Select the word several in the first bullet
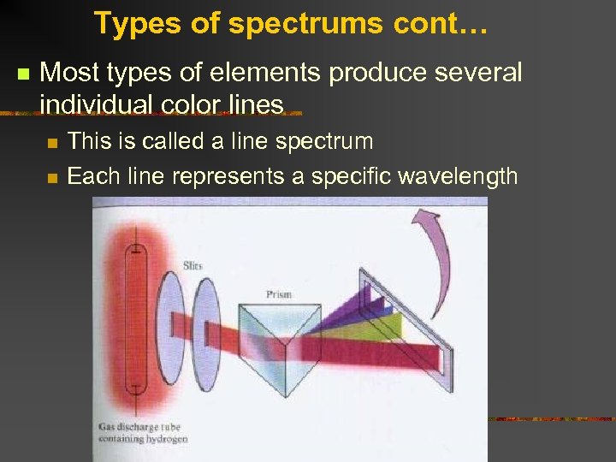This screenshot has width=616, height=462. [x=477, y=73]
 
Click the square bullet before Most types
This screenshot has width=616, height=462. [x=22, y=73]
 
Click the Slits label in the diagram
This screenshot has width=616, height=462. [x=192, y=266]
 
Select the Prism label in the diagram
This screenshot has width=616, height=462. [x=278, y=293]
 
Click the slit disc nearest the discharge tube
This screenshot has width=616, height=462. [x=172, y=325]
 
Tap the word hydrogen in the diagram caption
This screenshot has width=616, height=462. [x=169, y=439]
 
